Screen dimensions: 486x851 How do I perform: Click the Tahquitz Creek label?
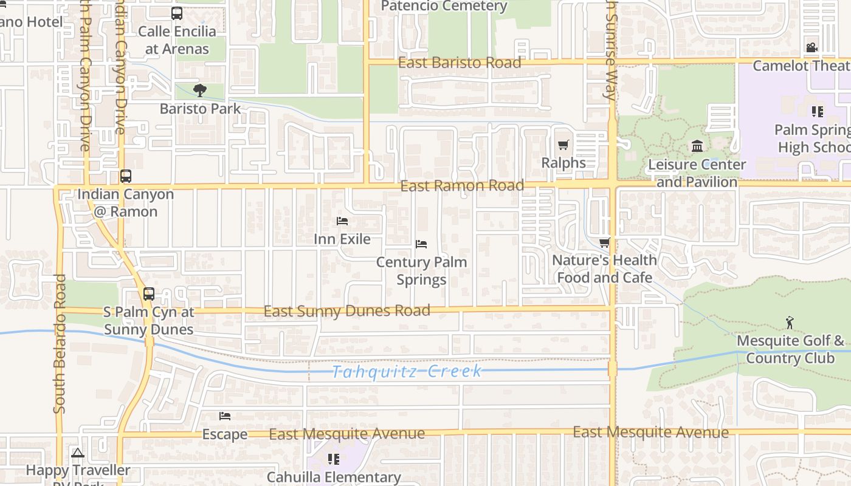[x=407, y=371]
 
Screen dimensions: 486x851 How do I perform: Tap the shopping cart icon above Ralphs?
[x=563, y=145]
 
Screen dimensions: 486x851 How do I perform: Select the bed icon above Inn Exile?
[x=342, y=221]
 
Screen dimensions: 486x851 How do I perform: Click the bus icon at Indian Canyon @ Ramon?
[x=126, y=176]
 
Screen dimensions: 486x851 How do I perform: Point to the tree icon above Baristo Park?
[x=199, y=91]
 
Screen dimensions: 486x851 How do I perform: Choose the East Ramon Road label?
[x=462, y=185]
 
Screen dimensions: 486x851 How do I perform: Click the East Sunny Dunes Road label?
[x=346, y=311]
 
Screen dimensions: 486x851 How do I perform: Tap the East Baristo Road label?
[x=460, y=63]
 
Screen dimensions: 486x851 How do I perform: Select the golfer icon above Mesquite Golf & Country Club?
[x=790, y=323]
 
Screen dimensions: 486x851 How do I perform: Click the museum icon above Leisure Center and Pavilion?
[x=697, y=146]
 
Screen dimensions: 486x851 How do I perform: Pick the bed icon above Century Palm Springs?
[x=421, y=244]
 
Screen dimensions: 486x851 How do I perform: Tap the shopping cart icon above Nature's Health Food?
[x=604, y=243]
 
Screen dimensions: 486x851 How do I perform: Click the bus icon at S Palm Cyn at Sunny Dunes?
[x=149, y=294]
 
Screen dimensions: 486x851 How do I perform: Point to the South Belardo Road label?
[x=59, y=343]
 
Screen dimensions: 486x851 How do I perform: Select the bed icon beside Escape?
[x=225, y=416]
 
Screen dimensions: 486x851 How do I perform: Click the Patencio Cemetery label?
[x=444, y=7]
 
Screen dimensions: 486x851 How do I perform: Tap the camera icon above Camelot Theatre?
[x=811, y=47]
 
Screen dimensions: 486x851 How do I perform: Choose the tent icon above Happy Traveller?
[x=77, y=453]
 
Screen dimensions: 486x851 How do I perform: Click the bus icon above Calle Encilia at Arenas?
[x=177, y=13]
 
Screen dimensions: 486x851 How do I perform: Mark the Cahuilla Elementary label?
[x=334, y=477]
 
